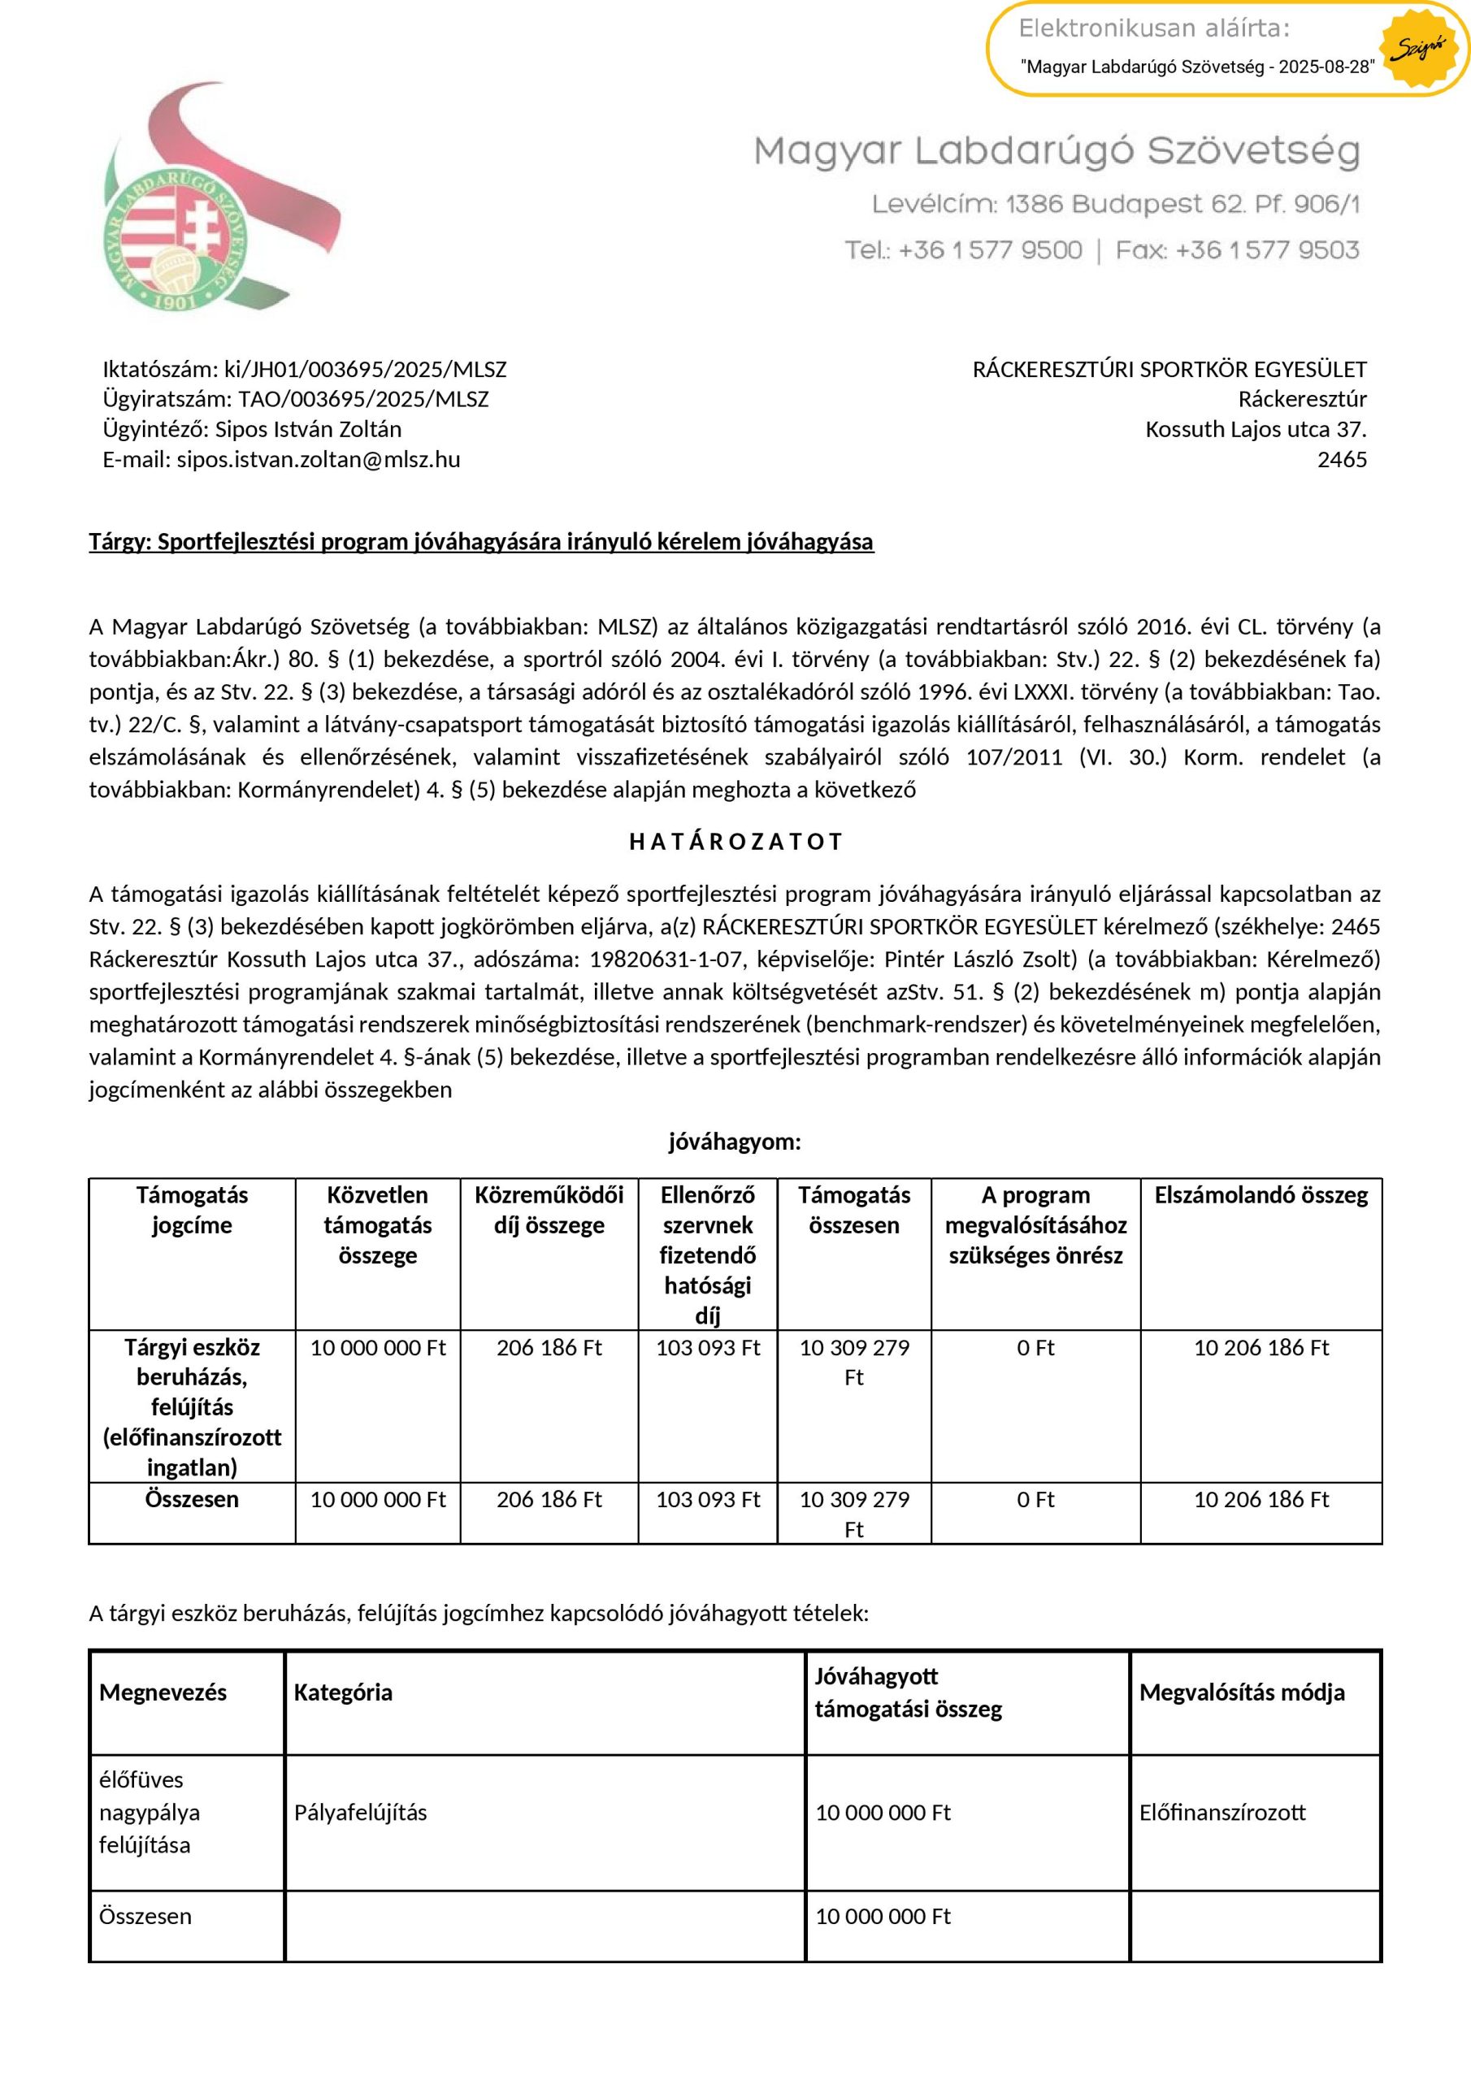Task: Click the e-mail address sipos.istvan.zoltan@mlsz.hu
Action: (x=318, y=460)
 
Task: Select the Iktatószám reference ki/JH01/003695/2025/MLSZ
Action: (x=365, y=370)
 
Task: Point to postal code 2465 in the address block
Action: (x=1342, y=460)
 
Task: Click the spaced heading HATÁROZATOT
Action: (x=735, y=842)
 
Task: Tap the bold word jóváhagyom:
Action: (x=735, y=1142)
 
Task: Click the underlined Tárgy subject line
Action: (x=481, y=542)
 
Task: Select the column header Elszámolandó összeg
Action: (x=1261, y=1196)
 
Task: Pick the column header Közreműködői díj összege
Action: (x=549, y=1211)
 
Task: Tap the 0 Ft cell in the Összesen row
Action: (x=1035, y=1500)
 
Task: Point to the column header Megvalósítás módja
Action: (x=1242, y=1692)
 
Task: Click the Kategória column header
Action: (x=343, y=1692)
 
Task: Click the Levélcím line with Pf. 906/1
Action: (x=1116, y=205)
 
